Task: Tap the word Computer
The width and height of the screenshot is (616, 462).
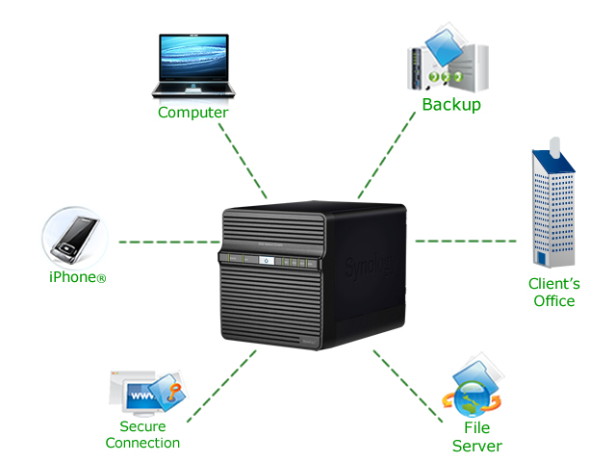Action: point(192,113)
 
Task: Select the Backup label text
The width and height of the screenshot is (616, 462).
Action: point(451,105)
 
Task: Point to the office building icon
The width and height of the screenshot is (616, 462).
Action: point(553,203)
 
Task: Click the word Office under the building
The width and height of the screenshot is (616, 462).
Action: point(554,301)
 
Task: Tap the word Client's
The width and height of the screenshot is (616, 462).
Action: point(554,284)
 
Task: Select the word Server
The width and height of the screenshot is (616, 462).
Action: point(477,447)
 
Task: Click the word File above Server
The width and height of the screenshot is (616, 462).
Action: point(477,427)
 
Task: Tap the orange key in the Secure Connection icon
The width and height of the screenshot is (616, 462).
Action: point(173,392)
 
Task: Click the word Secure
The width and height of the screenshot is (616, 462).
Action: point(142,426)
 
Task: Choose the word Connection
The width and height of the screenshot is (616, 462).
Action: point(142,443)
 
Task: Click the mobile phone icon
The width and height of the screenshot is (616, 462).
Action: point(75,239)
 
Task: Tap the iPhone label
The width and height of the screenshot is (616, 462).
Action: point(77,277)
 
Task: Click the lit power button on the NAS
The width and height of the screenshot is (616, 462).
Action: point(267,260)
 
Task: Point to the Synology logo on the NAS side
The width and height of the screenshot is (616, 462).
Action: point(370,267)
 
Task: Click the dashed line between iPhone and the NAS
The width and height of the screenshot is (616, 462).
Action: point(169,242)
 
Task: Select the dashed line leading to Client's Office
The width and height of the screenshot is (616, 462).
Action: point(466,241)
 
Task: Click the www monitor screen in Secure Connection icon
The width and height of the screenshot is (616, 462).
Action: point(141,396)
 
